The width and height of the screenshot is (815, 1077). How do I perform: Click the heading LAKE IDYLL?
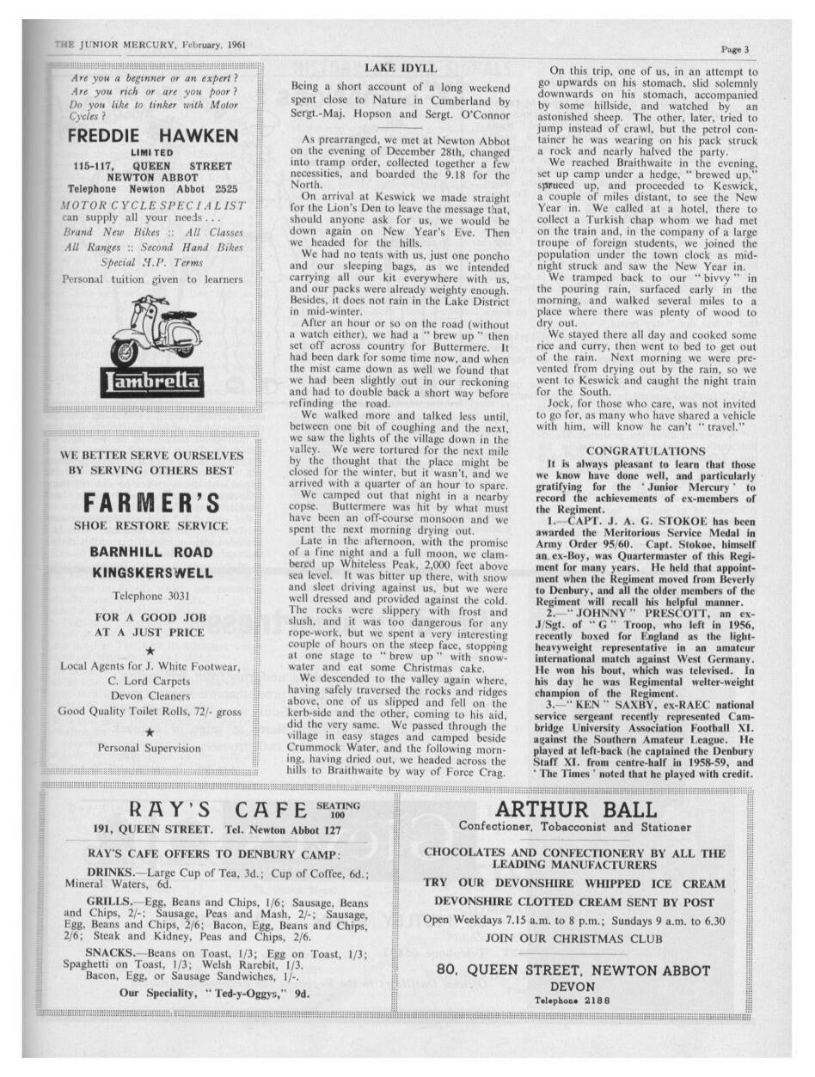(401, 67)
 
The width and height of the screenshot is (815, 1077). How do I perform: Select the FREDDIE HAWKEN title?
(153, 137)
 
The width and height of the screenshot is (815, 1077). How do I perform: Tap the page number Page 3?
(735, 50)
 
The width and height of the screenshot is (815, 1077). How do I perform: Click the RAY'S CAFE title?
(218, 809)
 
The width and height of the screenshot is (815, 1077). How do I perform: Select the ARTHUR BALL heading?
(575, 809)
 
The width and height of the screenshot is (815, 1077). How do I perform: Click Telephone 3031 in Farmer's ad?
(151, 595)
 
